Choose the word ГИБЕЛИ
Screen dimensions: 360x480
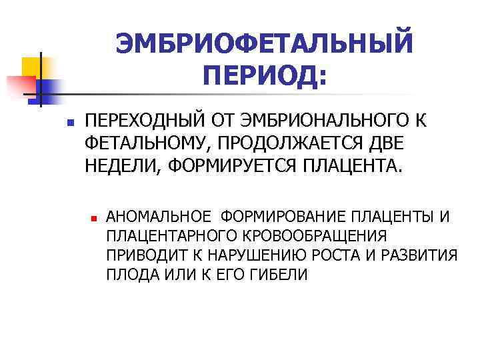[274, 274]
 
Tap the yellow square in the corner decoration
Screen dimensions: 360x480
[31, 67]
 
